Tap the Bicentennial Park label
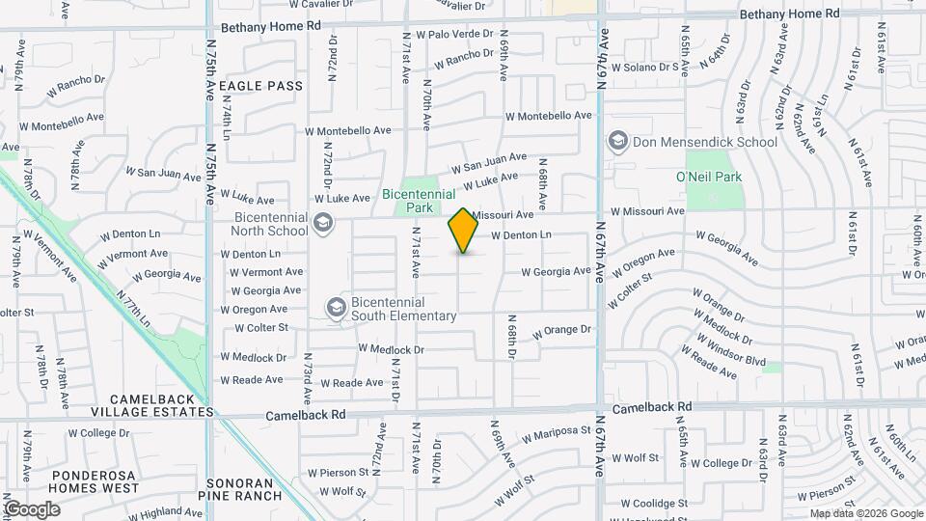[420, 201]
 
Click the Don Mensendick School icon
[617, 142]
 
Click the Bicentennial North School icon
[323, 226]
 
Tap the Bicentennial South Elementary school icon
[337, 308]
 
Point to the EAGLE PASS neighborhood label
[260, 86]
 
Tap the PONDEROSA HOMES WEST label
[104, 482]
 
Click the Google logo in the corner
[32, 509]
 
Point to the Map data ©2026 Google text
[864, 513]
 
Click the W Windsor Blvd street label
[729, 352]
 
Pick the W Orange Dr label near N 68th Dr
[559, 331]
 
